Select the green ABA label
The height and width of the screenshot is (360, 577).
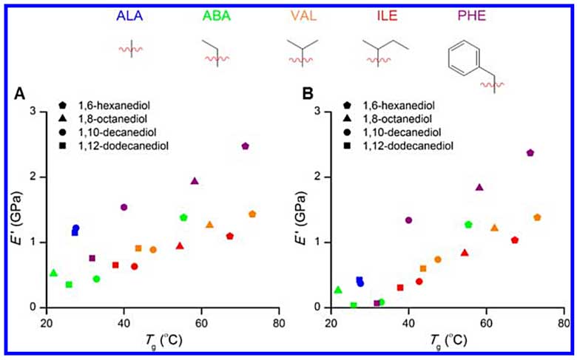click(x=217, y=14)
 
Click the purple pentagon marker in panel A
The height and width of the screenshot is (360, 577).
click(x=245, y=146)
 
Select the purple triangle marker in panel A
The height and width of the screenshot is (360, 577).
click(x=195, y=181)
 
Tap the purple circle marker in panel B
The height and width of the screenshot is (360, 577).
click(x=408, y=220)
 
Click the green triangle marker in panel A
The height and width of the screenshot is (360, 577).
click(x=53, y=273)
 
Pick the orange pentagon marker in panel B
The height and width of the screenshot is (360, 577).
click(x=537, y=217)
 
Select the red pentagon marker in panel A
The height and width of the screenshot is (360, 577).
click(x=230, y=237)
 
